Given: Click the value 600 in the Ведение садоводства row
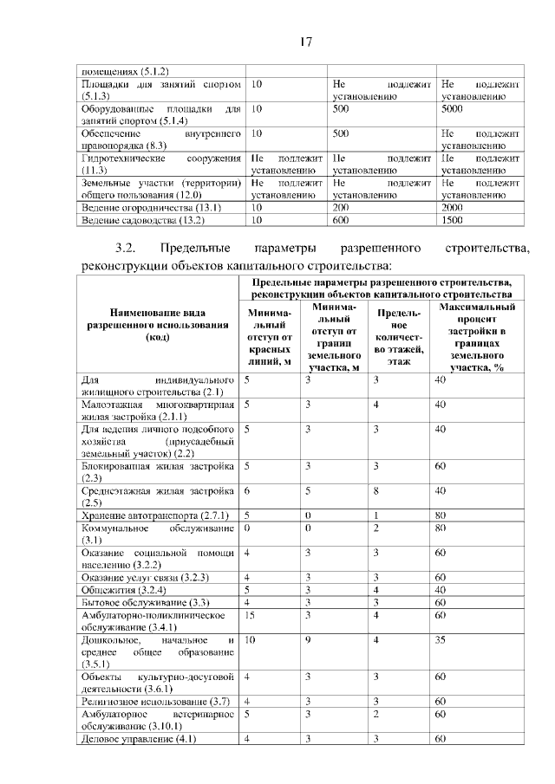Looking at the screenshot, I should point(340,221).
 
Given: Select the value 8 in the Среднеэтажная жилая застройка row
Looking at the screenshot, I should point(376,489).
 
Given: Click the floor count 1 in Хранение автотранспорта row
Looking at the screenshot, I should point(376,515).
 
